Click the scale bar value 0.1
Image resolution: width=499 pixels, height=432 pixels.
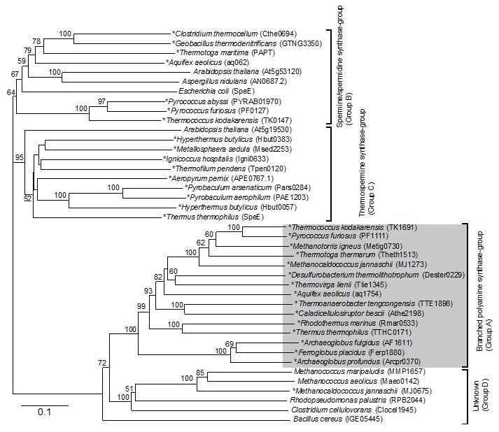coord(44,412)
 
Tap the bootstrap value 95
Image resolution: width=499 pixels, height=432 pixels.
coord(19,158)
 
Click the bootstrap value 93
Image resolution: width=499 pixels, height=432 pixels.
coord(148,289)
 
